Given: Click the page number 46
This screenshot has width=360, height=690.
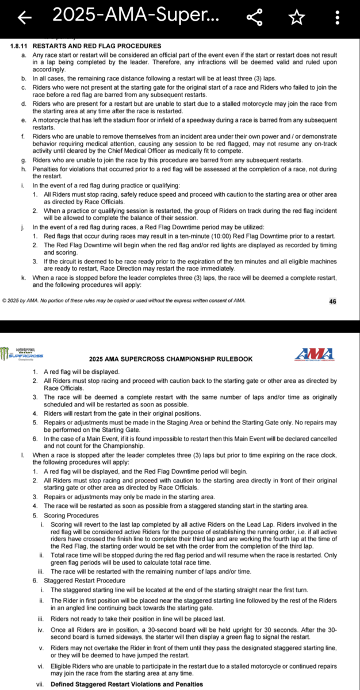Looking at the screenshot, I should point(333,301).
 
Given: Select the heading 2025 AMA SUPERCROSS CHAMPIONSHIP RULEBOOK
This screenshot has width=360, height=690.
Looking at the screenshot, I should point(171,359).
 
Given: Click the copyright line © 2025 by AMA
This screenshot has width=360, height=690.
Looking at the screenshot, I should point(124,301).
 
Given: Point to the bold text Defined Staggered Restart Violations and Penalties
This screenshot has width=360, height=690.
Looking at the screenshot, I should point(127,684).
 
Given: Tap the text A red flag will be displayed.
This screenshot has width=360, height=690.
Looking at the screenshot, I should point(81,372).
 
